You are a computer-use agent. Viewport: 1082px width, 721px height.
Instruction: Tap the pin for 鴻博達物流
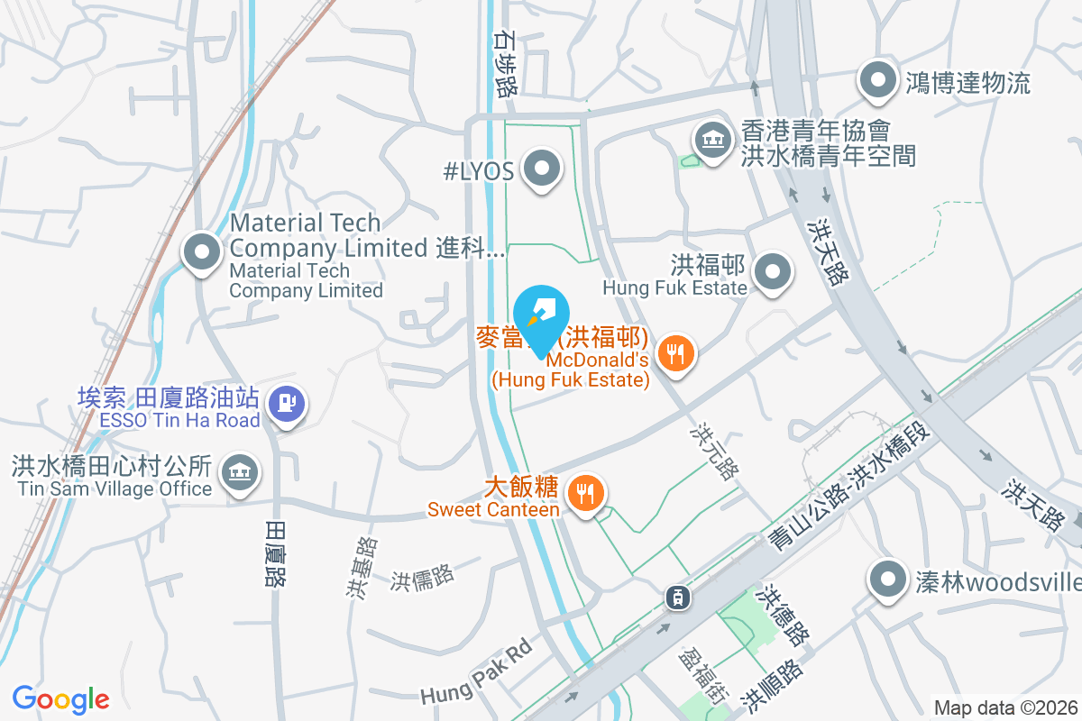coord(877,80)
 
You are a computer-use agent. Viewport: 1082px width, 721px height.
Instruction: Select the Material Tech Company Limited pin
coord(201,251)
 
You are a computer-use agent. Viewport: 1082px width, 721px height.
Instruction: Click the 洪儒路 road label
coord(421,577)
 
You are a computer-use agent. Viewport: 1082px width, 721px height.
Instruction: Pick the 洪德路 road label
coord(783,616)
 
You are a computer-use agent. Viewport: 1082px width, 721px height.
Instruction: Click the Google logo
coord(60,698)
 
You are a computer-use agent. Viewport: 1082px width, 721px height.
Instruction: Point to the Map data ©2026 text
coord(1004,707)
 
